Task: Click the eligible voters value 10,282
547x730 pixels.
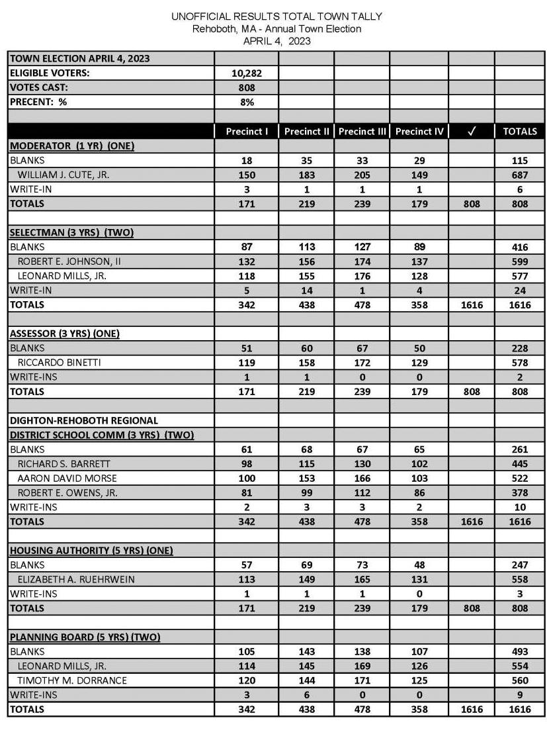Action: point(246,73)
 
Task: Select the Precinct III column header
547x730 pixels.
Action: point(362,131)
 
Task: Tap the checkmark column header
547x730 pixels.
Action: point(471,131)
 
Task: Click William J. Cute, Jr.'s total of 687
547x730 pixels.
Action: point(519,175)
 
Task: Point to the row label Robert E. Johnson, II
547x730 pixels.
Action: point(69,261)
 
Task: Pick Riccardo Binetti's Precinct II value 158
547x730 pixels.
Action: point(306,363)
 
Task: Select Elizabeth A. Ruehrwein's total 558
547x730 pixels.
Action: point(519,579)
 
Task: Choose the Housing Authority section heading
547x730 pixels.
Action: point(91,550)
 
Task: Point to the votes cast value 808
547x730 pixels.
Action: point(246,87)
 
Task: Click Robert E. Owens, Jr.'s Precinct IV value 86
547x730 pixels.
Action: point(419,492)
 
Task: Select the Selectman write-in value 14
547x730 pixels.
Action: point(306,290)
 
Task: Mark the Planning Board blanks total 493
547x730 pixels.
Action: point(519,651)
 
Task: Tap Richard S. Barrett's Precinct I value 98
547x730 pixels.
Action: point(246,463)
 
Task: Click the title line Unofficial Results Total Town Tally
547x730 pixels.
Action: point(276,16)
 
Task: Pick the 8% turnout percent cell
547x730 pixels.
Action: point(246,102)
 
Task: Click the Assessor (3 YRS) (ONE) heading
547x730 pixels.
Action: point(64,334)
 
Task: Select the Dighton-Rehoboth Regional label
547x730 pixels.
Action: point(83,420)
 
